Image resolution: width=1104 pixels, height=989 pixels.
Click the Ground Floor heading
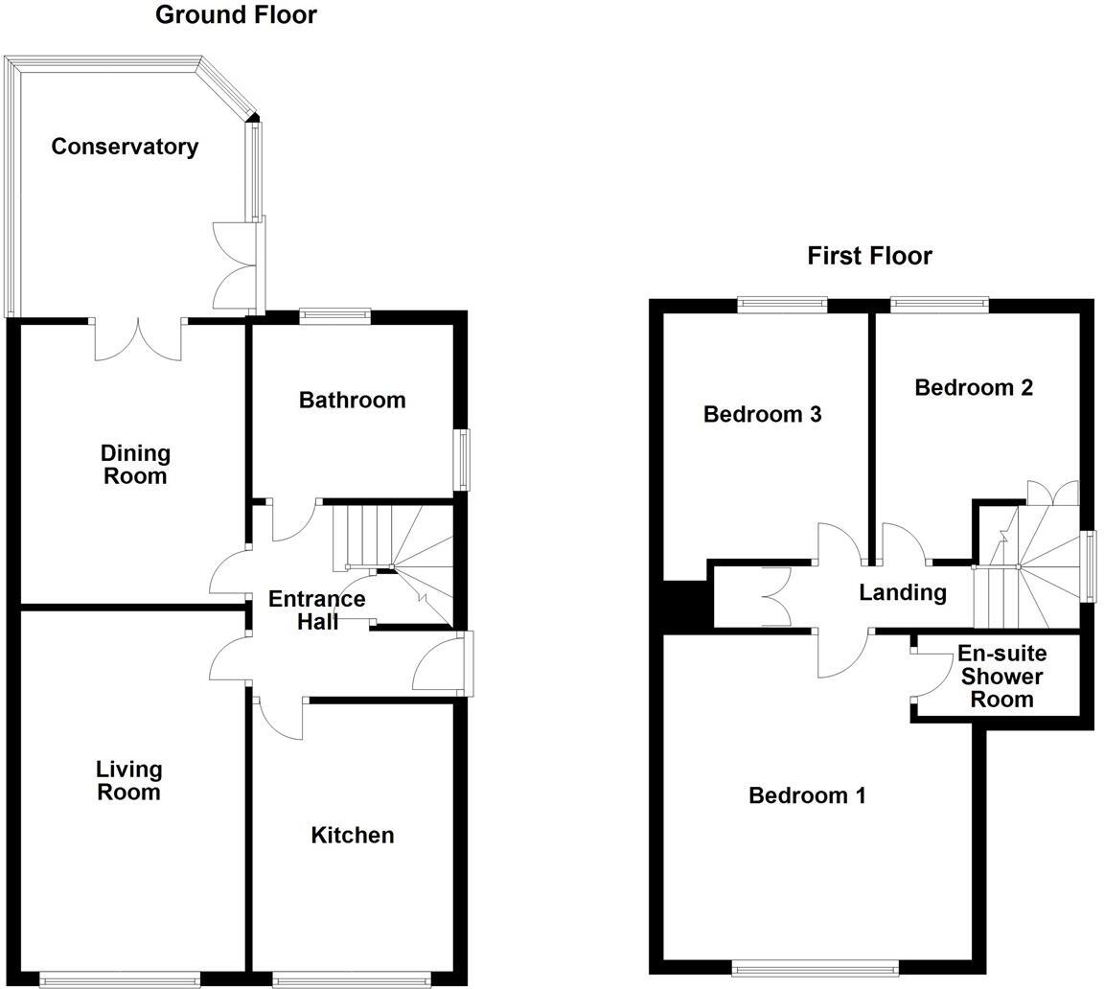(236, 14)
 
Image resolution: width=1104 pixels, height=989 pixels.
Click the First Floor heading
(869, 256)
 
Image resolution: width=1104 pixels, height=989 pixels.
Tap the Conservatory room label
(125, 147)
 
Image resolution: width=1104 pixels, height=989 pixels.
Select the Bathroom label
(352, 400)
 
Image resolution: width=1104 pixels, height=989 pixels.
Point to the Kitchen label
(352, 835)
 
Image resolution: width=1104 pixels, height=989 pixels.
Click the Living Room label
(128, 780)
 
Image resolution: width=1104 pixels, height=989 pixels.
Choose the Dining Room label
(134, 464)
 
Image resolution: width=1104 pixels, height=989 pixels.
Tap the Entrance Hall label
(316, 609)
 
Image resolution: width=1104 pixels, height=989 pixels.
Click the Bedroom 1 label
(807, 794)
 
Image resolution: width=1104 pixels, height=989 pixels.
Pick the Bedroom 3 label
(762, 414)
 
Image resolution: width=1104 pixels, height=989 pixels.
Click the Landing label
(902, 592)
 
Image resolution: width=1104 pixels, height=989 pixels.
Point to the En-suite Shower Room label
(1001, 676)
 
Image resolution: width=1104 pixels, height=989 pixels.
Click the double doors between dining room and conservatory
(138, 340)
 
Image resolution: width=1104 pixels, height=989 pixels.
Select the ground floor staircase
(393, 556)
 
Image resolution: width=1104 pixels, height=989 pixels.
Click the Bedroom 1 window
(815, 968)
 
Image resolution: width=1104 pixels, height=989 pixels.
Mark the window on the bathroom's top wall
(334, 315)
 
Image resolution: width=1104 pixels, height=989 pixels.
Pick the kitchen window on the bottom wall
(352, 978)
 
